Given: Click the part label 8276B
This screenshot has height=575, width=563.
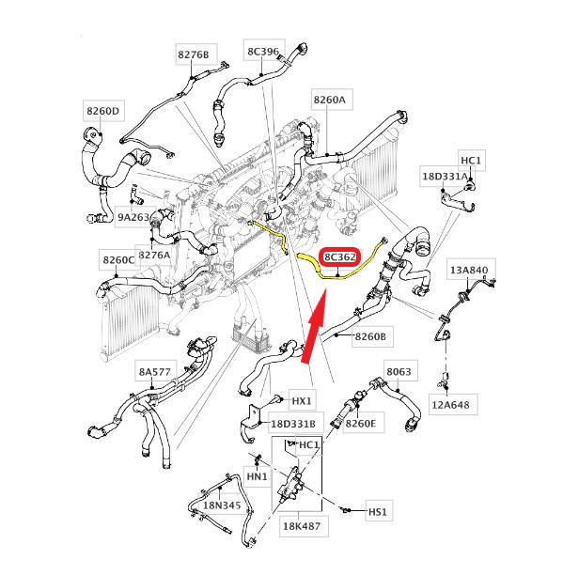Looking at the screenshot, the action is tap(194, 54).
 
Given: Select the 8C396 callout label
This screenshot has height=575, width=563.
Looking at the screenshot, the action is tap(263, 52).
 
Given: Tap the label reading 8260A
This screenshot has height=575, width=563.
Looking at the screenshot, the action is tap(329, 100).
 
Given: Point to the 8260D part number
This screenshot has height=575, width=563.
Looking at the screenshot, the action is tap(103, 111).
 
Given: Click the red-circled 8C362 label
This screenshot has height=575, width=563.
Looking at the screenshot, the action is tap(340, 256).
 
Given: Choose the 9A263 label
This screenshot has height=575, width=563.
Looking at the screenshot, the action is tap(133, 217).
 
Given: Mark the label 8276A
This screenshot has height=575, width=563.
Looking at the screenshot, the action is tap(155, 255).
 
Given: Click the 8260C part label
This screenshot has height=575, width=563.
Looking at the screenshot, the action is tap(118, 260).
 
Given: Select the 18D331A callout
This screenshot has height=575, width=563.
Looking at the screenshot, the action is tap(446, 177).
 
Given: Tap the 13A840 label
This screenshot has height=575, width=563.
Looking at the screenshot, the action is tap(469, 271).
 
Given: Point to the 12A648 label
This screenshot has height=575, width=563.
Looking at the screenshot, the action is tap(451, 405).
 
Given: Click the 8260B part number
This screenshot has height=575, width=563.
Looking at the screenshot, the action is tap(370, 336).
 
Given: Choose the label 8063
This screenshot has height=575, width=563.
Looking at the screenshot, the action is tap(399, 372).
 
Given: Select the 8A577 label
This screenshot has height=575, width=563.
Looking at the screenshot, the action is tap(155, 372).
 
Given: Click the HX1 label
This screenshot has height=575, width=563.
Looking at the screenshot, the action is tap(302, 401).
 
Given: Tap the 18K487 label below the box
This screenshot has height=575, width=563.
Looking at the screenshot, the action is tap(302, 526).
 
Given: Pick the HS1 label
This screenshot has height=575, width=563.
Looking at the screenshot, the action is tap(378, 511).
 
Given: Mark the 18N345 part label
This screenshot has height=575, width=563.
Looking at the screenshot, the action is tap(222, 505).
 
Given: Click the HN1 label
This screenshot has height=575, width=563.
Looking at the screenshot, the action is tap(258, 476).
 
